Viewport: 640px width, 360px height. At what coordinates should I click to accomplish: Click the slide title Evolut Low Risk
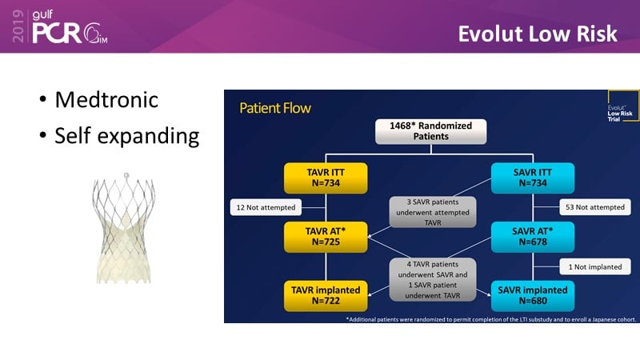[538, 34]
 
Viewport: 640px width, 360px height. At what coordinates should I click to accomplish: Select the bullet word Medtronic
[106, 100]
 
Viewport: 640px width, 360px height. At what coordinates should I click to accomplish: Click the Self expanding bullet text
[126, 136]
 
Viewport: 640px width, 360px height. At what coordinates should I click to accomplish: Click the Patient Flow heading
[275, 107]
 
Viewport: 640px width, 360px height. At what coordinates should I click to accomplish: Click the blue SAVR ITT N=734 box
[532, 177]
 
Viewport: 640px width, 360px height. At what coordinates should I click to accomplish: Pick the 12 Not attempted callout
[263, 208]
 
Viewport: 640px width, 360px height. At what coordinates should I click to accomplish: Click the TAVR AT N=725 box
[326, 236]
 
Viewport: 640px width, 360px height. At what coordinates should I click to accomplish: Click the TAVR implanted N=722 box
[326, 295]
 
